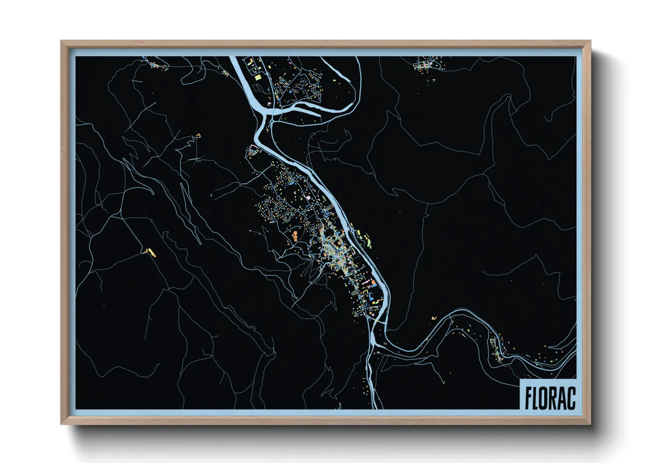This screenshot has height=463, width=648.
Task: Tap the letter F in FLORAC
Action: coord(528,397)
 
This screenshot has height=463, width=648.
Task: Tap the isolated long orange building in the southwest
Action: coord(151,252)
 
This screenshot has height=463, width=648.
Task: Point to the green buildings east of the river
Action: coord(366,239)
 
